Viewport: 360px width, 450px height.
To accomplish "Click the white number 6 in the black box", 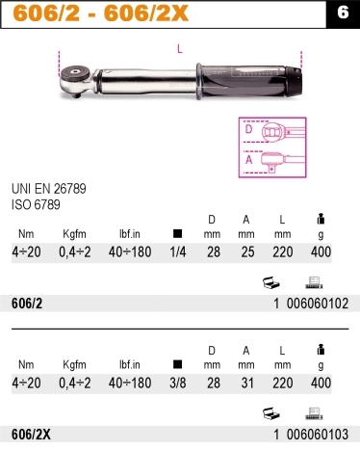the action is pos(343,13).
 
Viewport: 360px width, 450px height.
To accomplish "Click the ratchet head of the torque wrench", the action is pos(77,81).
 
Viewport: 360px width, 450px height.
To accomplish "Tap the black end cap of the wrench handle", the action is pos(294,81).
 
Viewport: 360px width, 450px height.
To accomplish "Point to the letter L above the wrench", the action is pos(180,49).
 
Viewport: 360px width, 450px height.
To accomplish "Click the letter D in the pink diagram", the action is pos(248,130).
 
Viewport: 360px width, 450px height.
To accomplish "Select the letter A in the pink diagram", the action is pos(249,160).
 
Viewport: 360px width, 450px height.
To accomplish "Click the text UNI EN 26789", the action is pos(49,189).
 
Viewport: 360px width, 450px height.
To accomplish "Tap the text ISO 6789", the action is pos(36,205).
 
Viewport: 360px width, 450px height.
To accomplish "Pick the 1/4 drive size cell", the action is pos(178,252).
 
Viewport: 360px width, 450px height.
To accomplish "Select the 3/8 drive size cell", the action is pos(178,383).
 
